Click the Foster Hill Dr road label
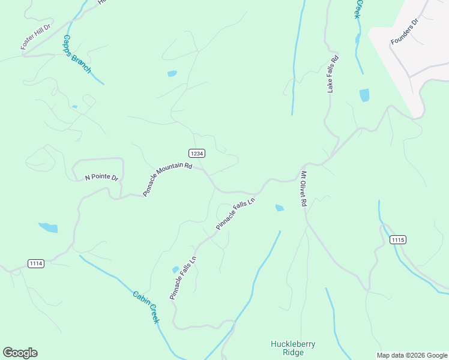36,37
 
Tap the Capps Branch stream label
77,54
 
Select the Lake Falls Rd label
333,74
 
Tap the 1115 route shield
397,239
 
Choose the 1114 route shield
36,263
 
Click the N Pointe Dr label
101,178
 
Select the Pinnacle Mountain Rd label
167,179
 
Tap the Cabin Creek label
146,307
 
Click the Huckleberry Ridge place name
293,348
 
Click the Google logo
20,353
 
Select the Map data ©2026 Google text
412,355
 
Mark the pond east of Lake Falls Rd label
364,95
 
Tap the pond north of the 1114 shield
48,227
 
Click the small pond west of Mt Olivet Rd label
279,208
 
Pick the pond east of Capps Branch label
172,74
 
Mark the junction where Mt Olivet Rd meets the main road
305,164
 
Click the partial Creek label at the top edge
360,8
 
